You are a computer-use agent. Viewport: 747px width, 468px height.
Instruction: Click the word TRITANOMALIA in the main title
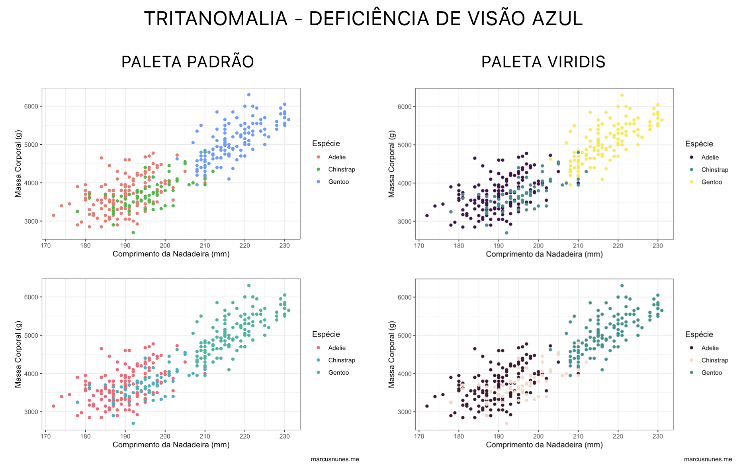215,19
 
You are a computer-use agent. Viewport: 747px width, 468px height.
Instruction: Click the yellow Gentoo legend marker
691,182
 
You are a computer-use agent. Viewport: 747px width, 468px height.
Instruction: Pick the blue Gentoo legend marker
318,182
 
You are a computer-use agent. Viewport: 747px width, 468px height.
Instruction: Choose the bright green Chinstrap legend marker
318,169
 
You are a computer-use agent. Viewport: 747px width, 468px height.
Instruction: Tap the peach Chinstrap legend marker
691,360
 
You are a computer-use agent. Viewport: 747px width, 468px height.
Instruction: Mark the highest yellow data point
622,95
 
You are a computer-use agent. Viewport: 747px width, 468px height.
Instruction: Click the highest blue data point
249,95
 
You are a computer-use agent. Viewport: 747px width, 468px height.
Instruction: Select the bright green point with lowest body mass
133,232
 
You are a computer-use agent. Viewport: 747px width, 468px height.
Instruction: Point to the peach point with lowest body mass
506,423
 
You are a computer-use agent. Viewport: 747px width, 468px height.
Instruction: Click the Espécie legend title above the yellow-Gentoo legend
699,144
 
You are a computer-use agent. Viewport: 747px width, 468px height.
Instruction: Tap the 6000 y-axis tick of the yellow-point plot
405,107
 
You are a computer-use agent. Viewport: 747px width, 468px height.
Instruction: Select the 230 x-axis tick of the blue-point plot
284,246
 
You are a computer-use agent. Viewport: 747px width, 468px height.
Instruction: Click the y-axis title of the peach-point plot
392,354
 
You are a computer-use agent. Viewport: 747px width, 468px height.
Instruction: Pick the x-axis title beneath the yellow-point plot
544,254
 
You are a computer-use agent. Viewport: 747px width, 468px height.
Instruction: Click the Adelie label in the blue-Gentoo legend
337,157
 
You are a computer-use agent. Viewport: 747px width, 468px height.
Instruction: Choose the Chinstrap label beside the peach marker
715,360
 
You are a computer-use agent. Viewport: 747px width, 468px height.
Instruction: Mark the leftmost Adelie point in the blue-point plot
53,215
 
